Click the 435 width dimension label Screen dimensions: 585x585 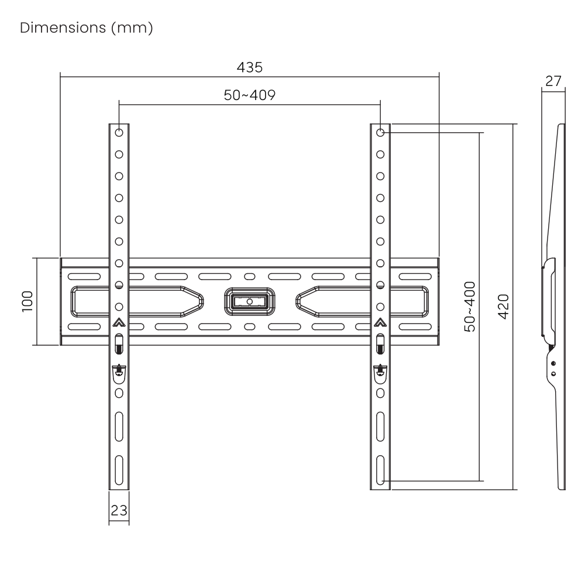(x=250, y=67)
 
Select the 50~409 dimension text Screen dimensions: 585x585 (x=250, y=95)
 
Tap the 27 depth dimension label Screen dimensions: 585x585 (x=553, y=81)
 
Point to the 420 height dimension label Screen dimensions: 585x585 (x=504, y=307)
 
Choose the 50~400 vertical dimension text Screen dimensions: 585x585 (x=470, y=307)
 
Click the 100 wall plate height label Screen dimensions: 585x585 (x=27, y=301)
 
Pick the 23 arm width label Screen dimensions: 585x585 (x=119, y=510)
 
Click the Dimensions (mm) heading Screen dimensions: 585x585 (x=87, y=28)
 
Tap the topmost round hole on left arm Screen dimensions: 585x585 (x=119, y=132)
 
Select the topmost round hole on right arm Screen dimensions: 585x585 (x=380, y=132)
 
